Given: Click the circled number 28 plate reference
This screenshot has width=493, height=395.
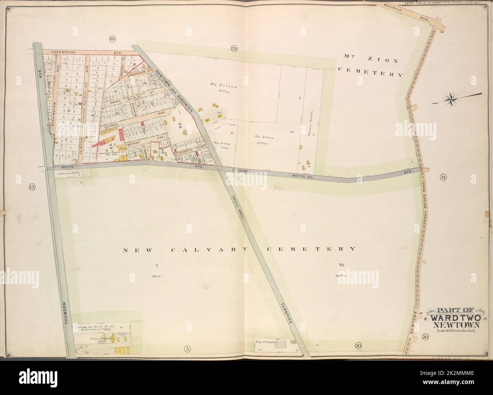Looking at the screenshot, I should pyautogui.click(x=234, y=48).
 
